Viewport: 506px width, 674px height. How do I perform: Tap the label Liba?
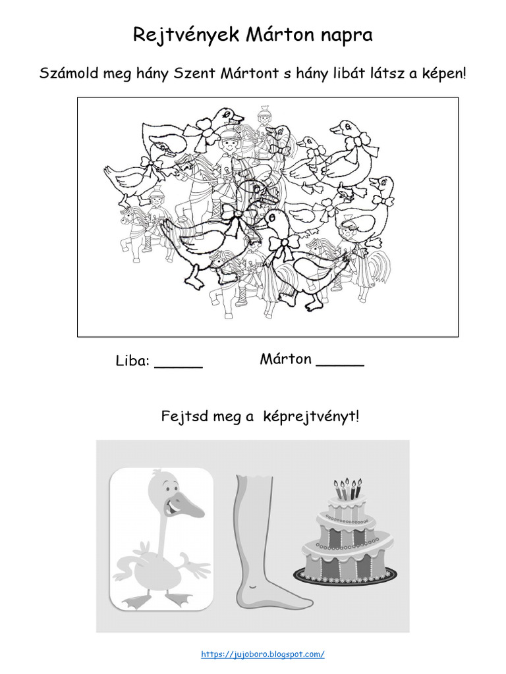pos(133,361)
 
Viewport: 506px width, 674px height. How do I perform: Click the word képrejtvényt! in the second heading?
pos(311,417)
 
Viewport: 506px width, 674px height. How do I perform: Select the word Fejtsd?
pos(183,417)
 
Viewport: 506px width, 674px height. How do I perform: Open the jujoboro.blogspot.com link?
pos(262,654)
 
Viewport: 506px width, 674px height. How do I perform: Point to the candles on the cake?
pos(348,488)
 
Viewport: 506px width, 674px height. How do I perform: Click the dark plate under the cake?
pos(346,578)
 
